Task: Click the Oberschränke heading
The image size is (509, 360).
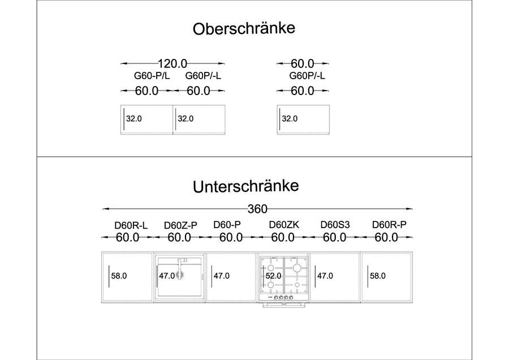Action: click(x=244, y=29)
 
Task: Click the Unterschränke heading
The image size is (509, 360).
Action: click(x=246, y=186)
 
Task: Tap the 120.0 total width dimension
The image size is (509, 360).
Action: click(x=172, y=63)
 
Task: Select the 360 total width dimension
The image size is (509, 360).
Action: click(x=257, y=209)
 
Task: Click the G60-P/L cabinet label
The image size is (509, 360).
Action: click(x=152, y=76)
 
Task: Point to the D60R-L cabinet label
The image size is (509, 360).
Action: click(x=131, y=225)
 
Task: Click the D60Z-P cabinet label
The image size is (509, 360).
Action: click(x=180, y=225)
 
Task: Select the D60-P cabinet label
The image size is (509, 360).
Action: click(x=227, y=225)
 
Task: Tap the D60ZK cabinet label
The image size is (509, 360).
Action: click(x=284, y=225)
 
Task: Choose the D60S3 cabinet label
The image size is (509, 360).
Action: click(x=335, y=225)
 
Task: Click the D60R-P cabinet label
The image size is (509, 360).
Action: click(x=389, y=225)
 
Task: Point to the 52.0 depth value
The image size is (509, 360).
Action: click(x=273, y=276)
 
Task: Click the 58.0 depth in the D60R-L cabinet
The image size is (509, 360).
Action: click(x=119, y=276)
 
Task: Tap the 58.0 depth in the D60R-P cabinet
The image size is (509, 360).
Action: click(x=378, y=276)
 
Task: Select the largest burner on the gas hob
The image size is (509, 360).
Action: click(x=297, y=268)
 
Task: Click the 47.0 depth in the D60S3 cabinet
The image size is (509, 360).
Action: click(x=325, y=276)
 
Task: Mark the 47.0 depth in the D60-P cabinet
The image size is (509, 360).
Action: click(x=221, y=276)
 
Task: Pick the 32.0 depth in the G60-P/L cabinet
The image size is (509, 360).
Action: click(x=133, y=119)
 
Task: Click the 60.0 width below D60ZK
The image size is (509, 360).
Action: click(x=283, y=238)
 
